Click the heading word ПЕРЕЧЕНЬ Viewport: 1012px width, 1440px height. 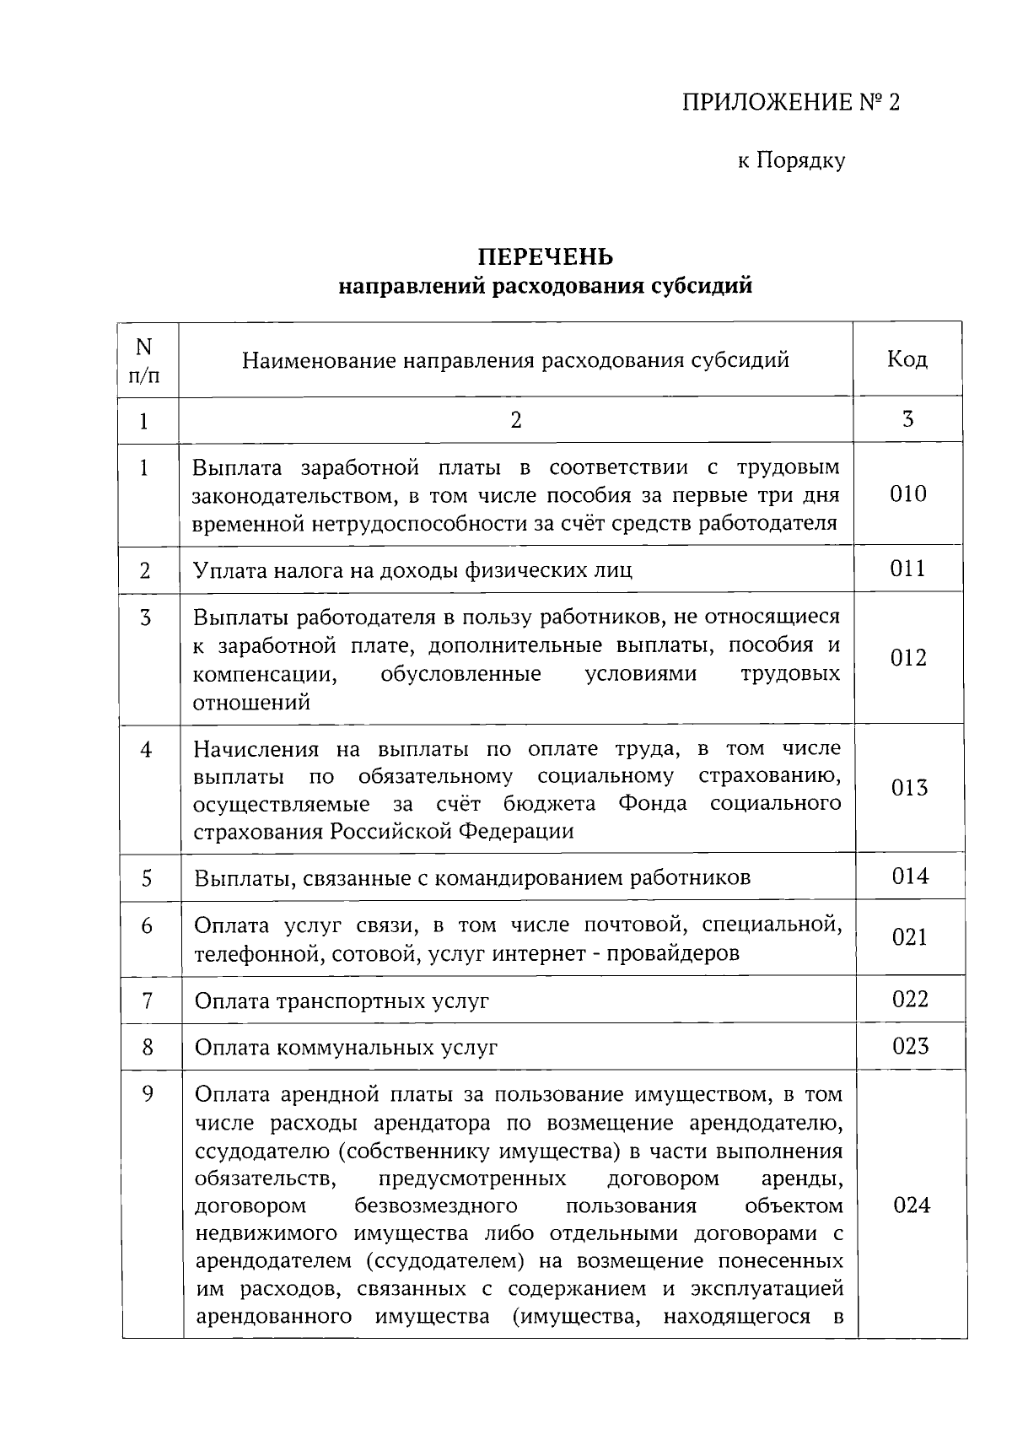point(546,256)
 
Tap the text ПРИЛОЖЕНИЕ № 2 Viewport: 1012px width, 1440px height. point(790,103)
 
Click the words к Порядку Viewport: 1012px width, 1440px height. point(791,160)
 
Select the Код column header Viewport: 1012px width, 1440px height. point(907,359)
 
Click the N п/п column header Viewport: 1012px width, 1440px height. point(144,359)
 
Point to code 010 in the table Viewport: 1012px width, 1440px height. point(908,493)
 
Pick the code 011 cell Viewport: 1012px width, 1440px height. point(908,569)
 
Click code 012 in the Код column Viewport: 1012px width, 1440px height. point(908,658)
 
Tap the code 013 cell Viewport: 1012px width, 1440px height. point(909,788)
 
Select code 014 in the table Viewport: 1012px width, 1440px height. point(910,876)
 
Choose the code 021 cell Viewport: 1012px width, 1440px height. point(910,937)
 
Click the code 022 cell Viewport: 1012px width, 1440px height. point(910,1000)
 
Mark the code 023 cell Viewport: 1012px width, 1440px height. point(911,1046)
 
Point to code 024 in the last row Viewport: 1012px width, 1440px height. point(912,1205)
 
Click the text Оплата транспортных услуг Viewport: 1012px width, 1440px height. point(342,1001)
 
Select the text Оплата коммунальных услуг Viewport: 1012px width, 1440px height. point(346,1048)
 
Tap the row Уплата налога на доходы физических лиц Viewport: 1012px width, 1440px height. point(412,570)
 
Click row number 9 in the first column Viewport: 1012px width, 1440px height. point(148,1094)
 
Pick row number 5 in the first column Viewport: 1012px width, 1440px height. point(147,878)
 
